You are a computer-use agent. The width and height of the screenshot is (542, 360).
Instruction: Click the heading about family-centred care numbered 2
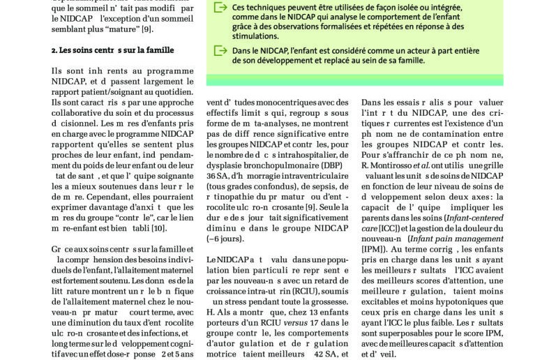112,50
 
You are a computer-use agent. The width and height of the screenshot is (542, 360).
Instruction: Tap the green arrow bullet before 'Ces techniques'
220,8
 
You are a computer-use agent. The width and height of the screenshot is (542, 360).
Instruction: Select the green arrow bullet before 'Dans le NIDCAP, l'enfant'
220,51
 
